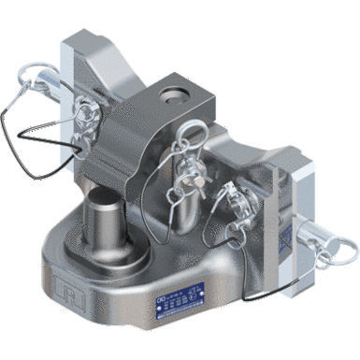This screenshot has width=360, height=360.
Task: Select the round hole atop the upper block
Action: coord(174,94)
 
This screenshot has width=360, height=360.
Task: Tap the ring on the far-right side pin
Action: coord(340,248)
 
